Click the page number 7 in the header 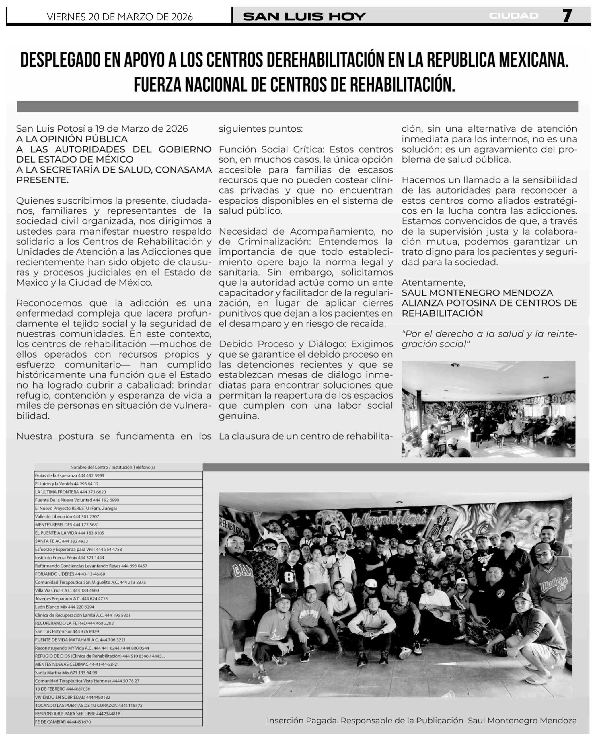pos(567,15)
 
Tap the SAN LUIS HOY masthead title pos(304,16)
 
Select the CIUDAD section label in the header pos(513,16)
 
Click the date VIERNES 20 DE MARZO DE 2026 pos(120,17)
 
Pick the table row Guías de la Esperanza pos(69,475)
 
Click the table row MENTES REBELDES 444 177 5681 pos(67,525)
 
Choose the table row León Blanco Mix pos(65,607)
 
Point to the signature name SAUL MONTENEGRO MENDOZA pos(477,293)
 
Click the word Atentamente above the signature pos(433,283)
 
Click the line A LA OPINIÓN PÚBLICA pos(72,139)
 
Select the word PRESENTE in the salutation pos(42,180)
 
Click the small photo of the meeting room pos(488,409)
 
